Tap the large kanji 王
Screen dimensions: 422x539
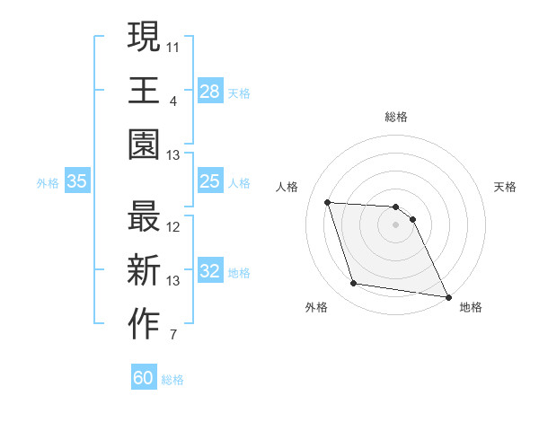point(145,91)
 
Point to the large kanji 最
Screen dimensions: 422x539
point(145,217)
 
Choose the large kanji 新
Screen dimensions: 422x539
point(145,272)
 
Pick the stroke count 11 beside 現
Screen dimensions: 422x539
point(174,46)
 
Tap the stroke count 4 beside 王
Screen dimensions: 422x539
point(173,101)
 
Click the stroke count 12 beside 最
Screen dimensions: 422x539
point(174,227)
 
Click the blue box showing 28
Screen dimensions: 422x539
point(209,91)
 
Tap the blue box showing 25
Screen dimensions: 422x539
point(209,182)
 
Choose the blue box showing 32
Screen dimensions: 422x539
point(209,272)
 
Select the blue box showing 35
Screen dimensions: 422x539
point(77,182)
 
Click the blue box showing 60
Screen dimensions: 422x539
point(144,378)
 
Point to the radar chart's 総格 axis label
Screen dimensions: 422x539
point(396,118)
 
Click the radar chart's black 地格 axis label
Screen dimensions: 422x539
point(471,307)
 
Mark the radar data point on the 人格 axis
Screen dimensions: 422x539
point(328,202)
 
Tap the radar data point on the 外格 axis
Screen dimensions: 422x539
point(353,284)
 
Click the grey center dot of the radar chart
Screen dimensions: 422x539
point(396,224)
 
